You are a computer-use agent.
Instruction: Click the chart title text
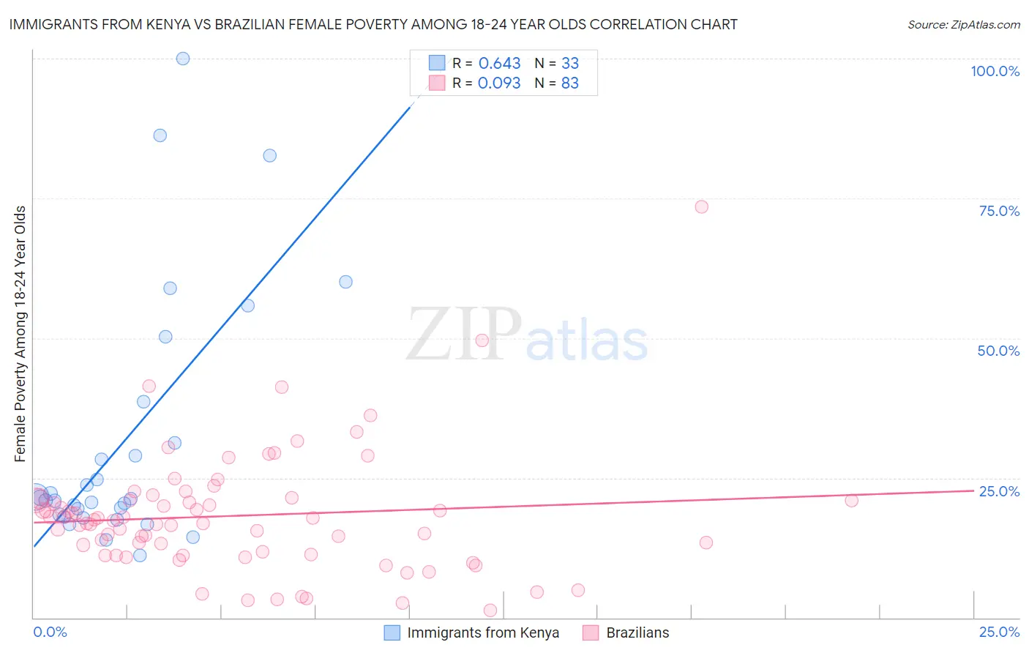pos(373,24)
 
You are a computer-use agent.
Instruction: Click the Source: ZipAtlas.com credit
pos(963,24)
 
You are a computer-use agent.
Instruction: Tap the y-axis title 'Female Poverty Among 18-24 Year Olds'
pos(20,334)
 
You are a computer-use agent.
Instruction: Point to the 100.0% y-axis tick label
pos(995,71)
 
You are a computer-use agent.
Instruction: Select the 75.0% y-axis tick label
pos(999,211)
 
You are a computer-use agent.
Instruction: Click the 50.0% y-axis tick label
pos(998,351)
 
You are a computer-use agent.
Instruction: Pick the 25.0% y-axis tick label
pos(999,491)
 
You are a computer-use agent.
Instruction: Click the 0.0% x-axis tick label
pos(50,632)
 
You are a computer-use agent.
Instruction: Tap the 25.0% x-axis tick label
pos(999,632)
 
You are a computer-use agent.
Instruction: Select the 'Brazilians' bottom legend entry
pos(637,633)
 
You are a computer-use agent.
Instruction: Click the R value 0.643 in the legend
pos(499,64)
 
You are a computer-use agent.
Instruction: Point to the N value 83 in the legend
pos(569,83)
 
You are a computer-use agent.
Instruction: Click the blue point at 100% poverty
pos(183,59)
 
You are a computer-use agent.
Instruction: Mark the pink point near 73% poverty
pos(701,206)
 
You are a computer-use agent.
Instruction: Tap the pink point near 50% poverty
pos(482,340)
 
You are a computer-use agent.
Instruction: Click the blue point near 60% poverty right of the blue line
pos(345,282)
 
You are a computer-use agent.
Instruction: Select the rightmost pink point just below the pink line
pos(851,501)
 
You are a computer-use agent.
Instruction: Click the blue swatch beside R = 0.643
pos(437,63)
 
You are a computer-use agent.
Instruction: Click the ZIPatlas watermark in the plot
pos(527,335)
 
